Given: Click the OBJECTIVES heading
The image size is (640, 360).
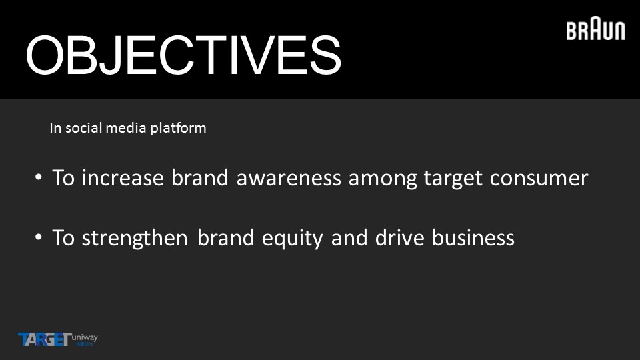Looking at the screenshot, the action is pyautogui.click(x=183, y=55).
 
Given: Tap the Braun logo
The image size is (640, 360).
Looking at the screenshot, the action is pyautogui.click(x=595, y=29).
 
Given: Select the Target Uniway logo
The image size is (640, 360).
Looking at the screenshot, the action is pyautogui.click(x=58, y=339).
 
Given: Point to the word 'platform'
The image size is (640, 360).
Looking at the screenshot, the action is pyautogui.click(x=178, y=128).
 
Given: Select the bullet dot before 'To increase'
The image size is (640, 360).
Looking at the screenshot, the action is pyautogui.click(x=39, y=177).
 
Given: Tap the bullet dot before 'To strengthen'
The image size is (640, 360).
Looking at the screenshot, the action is pyautogui.click(x=39, y=237).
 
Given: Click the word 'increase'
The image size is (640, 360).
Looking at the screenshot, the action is pyautogui.click(x=123, y=178).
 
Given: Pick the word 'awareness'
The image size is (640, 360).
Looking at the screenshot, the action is pyautogui.click(x=289, y=178).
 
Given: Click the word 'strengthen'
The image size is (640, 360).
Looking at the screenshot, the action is pyautogui.click(x=135, y=239).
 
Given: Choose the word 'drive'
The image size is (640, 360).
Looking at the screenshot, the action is pyautogui.click(x=399, y=237).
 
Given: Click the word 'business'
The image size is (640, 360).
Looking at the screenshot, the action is pyautogui.click(x=473, y=237).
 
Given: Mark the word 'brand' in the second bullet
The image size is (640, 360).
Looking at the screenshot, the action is pyautogui.click(x=226, y=237).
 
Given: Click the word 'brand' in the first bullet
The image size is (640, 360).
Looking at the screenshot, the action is pyautogui.click(x=199, y=178).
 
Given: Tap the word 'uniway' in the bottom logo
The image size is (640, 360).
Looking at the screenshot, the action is pyautogui.click(x=85, y=338).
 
